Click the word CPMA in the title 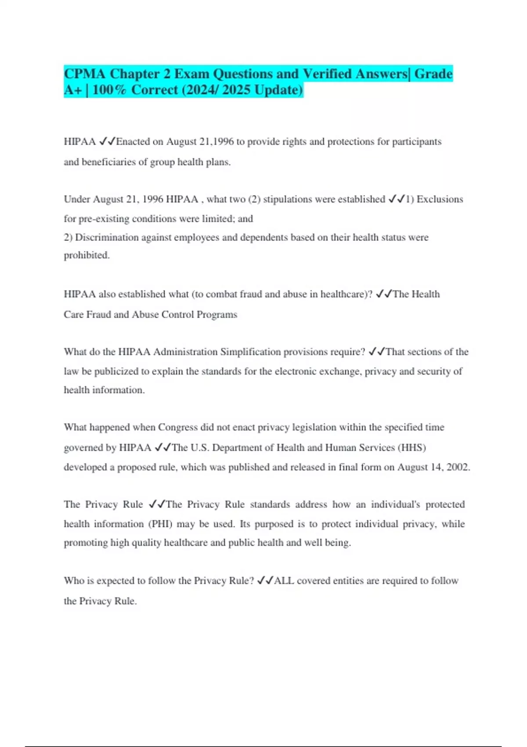pos(85,74)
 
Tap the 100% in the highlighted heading pos(109,90)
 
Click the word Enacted pos(133,141)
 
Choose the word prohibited pos(87,255)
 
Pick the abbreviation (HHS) pos(411,447)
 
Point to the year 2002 pos(458,467)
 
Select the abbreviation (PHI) pos(160,524)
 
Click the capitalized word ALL pos(284,581)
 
